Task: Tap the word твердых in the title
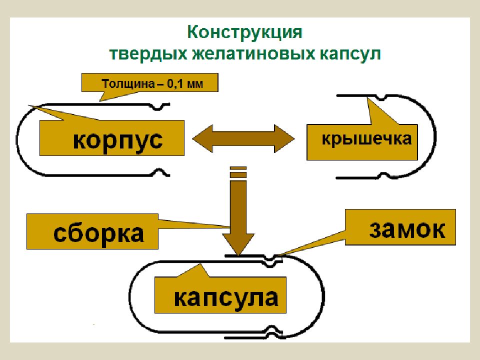pos(148,54)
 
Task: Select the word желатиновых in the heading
pos(253,54)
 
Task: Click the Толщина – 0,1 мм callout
pos(149,82)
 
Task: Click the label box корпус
pos(111,138)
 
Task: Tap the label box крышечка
pos(362,142)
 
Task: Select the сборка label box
pos(92,231)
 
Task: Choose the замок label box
pos(400,227)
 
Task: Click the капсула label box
pos(220,295)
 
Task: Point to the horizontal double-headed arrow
pos(243,138)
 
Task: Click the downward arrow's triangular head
pos(238,244)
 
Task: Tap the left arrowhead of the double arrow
pos(202,138)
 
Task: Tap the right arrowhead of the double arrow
pos(284,138)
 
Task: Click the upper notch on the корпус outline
pos(158,107)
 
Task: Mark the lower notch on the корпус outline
pos(159,171)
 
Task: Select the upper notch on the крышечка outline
pos(380,97)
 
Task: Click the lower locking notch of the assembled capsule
pos(270,331)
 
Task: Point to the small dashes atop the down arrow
pos(238,171)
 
